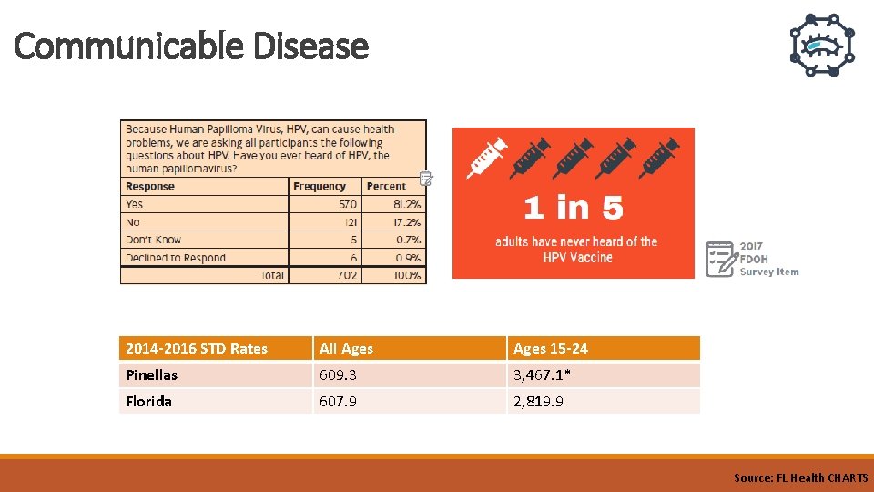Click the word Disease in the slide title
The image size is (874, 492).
pyautogui.click(x=310, y=46)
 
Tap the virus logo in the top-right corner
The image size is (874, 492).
pyautogui.click(x=821, y=46)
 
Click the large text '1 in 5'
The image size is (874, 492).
pyautogui.click(x=574, y=209)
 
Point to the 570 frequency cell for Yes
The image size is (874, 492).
pyautogui.click(x=347, y=204)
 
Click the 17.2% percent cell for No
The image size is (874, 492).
pyautogui.click(x=407, y=221)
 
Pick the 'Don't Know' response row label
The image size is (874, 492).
pyautogui.click(x=154, y=240)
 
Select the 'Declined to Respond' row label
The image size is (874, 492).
pyautogui.click(x=176, y=258)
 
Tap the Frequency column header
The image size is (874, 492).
pyautogui.click(x=320, y=186)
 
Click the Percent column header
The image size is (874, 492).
pyautogui.click(x=386, y=186)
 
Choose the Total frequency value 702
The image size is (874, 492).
pyautogui.click(x=346, y=275)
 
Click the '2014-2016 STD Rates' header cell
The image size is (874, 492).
pyautogui.click(x=197, y=348)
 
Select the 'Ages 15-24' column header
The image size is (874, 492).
pyautogui.click(x=551, y=348)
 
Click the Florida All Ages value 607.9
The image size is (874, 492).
pyautogui.click(x=338, y=401)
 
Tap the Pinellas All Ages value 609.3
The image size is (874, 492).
pyautogui.click(x=338, y=374)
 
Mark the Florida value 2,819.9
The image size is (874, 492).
pyautogui.click(x=538, y=401)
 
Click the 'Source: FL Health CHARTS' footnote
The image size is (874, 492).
pyautogui.click(x=800, y=477)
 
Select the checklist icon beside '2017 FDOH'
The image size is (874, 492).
pyautogui.click(x=720, y=258)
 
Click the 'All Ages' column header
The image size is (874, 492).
pyautogui.click(x=346, y=348)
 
